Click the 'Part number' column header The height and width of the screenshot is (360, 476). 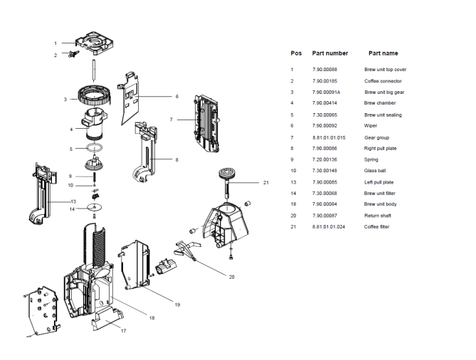[x=330, y=53]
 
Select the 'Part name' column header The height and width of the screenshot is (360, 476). [x=383, y=53]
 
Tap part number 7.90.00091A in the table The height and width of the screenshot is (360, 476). [x=327, y=92]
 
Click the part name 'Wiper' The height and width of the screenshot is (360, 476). [x=371, y=125]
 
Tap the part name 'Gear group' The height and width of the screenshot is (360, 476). [x=375, y=137]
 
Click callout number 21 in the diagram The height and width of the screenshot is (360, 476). [x=266, y=183]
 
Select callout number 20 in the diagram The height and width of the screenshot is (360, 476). [x=231, y=277]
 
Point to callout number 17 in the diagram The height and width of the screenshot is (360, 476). [x=123, y=331]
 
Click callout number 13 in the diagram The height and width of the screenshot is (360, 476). [x=53, y=201]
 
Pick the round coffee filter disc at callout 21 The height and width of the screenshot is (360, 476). [x=227, y=174]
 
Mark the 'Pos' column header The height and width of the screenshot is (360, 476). [x=296, y=53]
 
